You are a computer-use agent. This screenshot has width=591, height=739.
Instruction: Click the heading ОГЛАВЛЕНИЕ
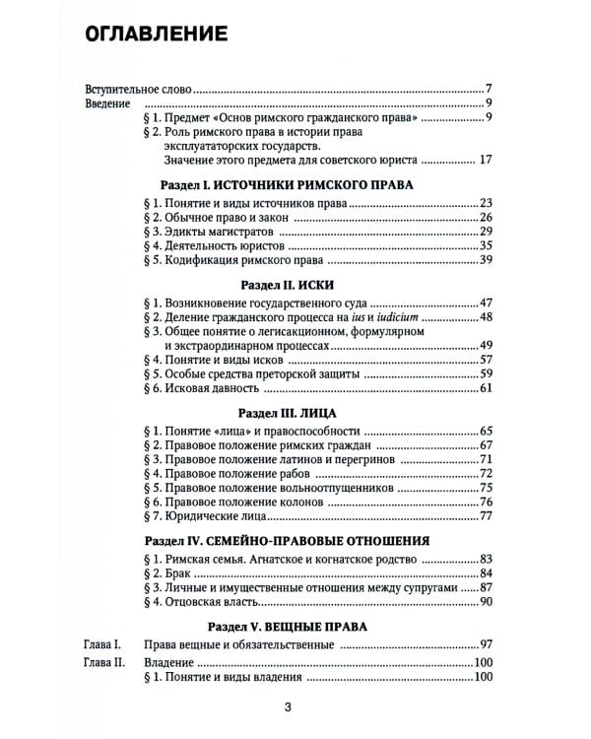(158, 34)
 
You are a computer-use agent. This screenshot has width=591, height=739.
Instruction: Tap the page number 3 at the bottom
(288, 705)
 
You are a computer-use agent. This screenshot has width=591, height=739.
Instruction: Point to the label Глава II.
(103, 661)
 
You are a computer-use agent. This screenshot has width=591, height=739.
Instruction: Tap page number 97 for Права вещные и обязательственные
(484, 644)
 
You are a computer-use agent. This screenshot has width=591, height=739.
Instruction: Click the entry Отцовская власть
(203, 601)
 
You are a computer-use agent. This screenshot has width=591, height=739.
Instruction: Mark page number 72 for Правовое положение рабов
(484, 474)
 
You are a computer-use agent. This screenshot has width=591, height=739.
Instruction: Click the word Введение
(107, 103)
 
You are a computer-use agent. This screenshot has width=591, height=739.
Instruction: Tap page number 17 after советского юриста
(484, 159)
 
